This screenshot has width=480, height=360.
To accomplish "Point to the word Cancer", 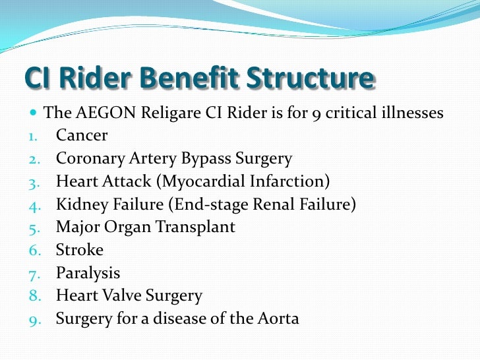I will [x=82, y=136].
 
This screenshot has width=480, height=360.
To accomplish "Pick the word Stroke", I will [x=80, y=251].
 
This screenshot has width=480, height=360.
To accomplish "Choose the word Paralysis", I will [x=88, y=273].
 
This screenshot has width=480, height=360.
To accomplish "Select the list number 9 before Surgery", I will [x=34, y=320].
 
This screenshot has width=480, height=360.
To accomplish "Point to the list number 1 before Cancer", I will [x=33, y=136].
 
